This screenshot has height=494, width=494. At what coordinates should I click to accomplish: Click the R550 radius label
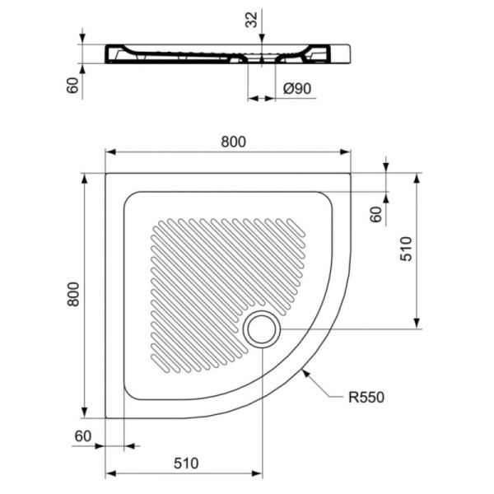(x=366, y=398)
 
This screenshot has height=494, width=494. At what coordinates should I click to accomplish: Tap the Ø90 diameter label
(x=297, y=89)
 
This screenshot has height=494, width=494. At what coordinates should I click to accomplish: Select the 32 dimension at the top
(x=251, y=20)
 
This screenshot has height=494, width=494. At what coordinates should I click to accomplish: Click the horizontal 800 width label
(x=233, y=142)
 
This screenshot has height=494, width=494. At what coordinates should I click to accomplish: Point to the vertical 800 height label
(x=73, y=294)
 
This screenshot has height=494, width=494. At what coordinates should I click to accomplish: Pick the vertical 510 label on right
(x=406, y=249)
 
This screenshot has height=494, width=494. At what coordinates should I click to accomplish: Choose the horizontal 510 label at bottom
(x=186, y=463)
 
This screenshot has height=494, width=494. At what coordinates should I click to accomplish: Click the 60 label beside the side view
(x=72, y=85)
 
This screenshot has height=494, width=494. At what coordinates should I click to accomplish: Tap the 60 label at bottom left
(x=83, y=436)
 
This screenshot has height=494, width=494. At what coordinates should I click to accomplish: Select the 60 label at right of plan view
(x=376, y=214)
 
